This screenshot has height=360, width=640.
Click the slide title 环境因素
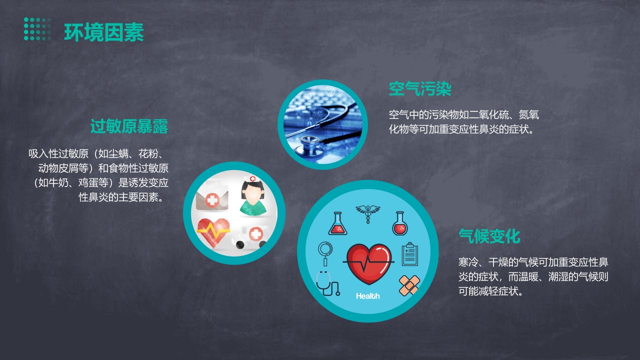pyautogui.click(x=104, y=32)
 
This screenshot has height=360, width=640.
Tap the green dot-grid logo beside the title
pyautogui.click(x=37, y=29)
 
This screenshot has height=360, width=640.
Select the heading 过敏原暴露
pyautogui.click(x=129, y=126)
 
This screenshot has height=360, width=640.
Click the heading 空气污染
pyautogui.click(x=420, y=88)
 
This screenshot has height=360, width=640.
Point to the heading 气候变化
pyautogui.click(x=489, y=236)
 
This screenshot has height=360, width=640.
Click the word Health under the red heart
pyautogui.click(x=367, y=296)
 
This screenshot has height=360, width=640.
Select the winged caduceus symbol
pyautogui.click(x=368, y=213)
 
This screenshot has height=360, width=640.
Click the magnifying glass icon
pyautogui.click(x=325, y=253)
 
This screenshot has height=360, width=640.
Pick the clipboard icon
pyautogui.click(x=409, y=254)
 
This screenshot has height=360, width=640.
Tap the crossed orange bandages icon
pyautogui.click(x=409, y=285)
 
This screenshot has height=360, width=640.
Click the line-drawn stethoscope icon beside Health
pyautogui.click(x=327, y=283)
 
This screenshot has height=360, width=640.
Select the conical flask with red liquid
pyautogui.click(x=337, y=223)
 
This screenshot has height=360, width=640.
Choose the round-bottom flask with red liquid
pyautogui.click(x=400, y=223)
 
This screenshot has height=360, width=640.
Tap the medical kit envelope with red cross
pyautogui.click(x=212, y=196)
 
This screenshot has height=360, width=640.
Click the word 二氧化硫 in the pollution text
pyautogui.click(x=489, y=114)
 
